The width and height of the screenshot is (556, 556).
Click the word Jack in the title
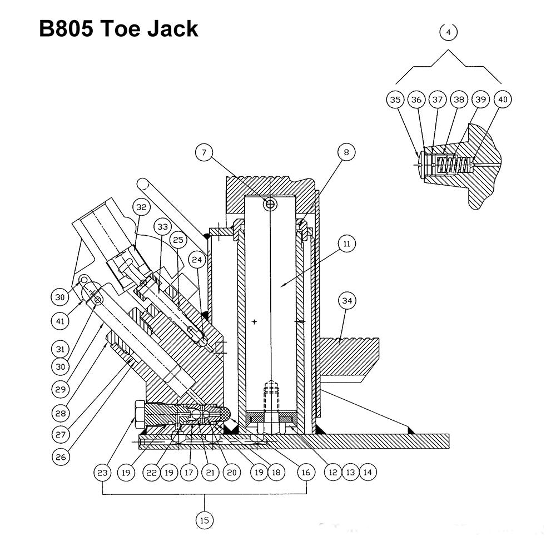pos(173,28)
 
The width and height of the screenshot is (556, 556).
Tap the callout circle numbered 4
pos(449,32)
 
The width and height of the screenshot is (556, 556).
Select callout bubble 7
pos(204,152)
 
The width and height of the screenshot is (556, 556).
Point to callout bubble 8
pos(346,152)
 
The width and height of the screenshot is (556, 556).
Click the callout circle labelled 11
pos(346,244)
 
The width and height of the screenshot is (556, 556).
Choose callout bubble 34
pos(346,301)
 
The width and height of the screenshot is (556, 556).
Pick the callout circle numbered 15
pos(205,520)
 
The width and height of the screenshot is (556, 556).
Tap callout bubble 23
pos(102,472)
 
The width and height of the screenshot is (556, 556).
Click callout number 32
pos(141,207)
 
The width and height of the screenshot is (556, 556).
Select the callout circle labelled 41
pos(60,321)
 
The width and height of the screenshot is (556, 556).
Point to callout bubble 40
pos(503,100)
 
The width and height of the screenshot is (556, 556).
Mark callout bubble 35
pos(395,100)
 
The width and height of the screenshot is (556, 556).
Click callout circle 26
pos(61,457)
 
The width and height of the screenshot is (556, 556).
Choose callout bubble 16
pos(306,472)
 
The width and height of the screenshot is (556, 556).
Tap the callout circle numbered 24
pos(197,260)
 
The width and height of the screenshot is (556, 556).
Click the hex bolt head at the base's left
pos(140,415)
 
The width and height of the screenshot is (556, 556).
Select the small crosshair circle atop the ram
pos(270,204)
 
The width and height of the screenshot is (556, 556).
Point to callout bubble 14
pos(368,472)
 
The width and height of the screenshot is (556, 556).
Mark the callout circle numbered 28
pos(61,413)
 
